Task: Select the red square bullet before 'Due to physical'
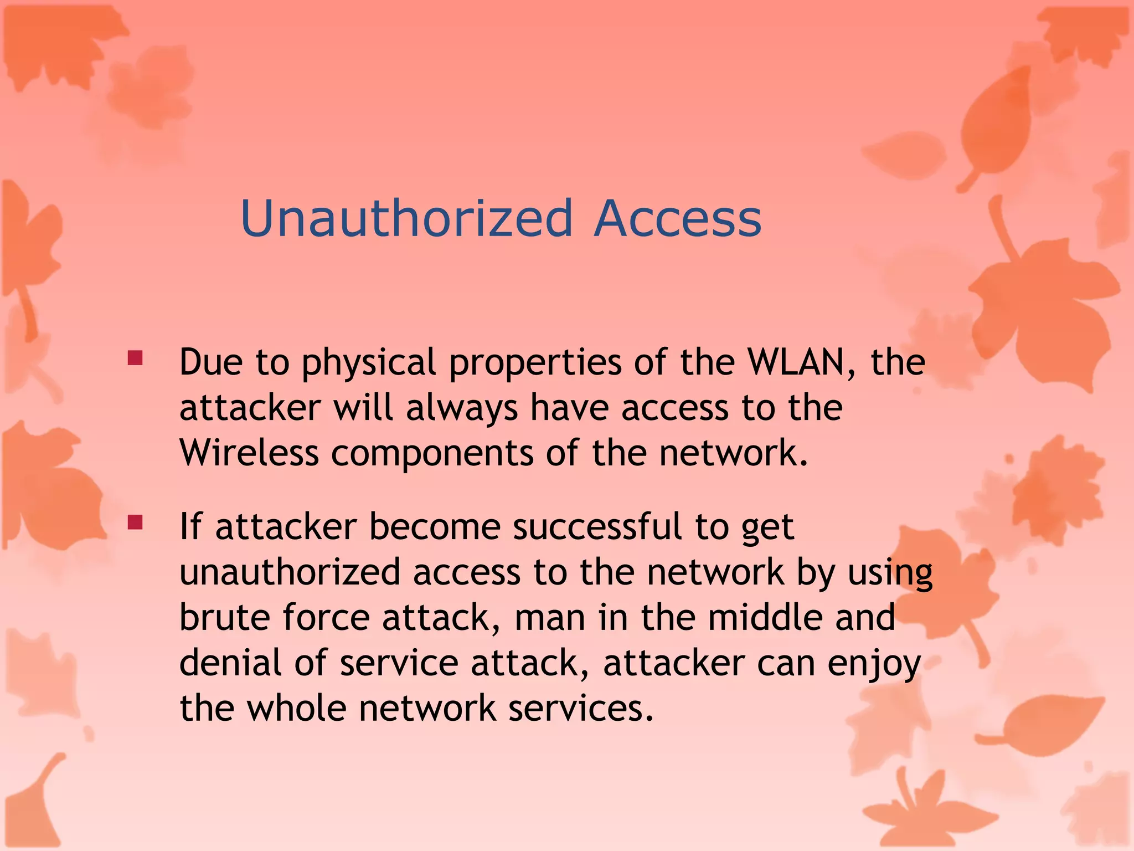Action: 135,358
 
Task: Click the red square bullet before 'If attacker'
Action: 135,522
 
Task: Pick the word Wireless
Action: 249,453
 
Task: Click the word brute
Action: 224,617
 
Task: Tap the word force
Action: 326,617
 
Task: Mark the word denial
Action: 230,663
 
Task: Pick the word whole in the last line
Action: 296,708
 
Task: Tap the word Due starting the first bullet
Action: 211,362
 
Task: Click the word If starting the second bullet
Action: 190,526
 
